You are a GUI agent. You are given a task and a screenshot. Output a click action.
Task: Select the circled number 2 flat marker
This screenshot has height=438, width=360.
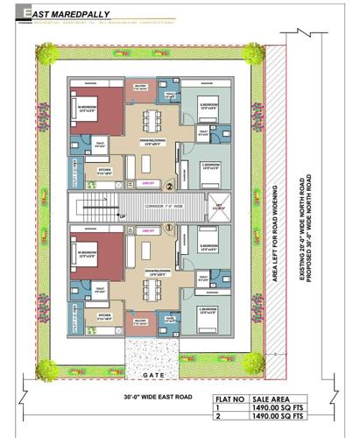(x=170, y=186)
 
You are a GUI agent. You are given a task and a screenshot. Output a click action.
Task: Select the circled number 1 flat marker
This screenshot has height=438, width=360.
(x=170, y=226)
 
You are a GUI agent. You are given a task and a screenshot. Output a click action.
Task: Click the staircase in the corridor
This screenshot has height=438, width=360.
(x=96, y=207)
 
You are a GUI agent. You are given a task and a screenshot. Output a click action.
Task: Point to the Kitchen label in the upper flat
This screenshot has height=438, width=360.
(x=104, y=172)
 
